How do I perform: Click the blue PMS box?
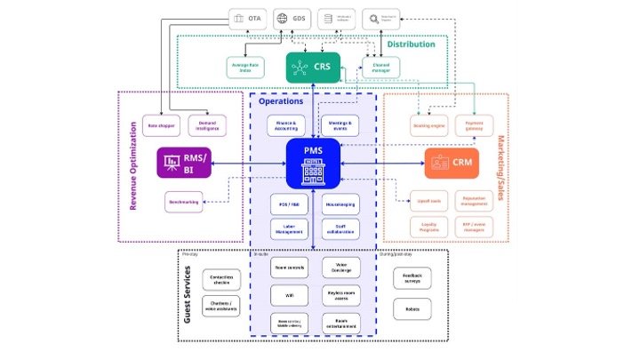pyautogui.click(x=314, y=163)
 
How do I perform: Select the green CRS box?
pyautogui.click(x=313, y=67)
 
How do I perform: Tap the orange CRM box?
pyautogui.click(x=452, y=163)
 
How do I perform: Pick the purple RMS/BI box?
pyautogui.click(x=184, y=163)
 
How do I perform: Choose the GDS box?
pyautogui.click(x=293, y=18)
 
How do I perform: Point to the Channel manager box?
pyautogui.click(x=380, y=66)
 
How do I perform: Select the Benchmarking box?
pyautogui.click(x=183, y=202)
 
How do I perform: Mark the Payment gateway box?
pyautogui.click(x=474, y=125)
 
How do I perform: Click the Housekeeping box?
pyautogui.click(x=340, y=204)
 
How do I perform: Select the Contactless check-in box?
pyautogui.click(x=221, y=281)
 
